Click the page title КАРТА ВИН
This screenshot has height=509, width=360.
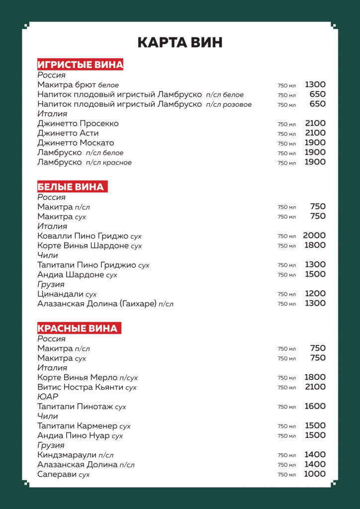coord(180,42)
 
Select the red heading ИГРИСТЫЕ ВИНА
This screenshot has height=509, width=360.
coord(80,65)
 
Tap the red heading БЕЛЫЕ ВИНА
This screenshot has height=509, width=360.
coord(71,187)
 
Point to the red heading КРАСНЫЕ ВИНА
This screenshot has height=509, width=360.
coord(78,328)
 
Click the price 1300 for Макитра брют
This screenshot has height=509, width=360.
coord(315,85)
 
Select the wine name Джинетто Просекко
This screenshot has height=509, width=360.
coord(78,123)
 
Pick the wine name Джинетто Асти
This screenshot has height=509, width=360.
coord(68,133)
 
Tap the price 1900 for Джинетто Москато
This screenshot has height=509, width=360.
coord(315,143)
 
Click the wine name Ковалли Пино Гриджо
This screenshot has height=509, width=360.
coord(83,236)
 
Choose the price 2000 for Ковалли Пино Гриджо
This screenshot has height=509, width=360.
coord(314,236)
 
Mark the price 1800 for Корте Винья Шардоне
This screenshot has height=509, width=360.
coord(315,245)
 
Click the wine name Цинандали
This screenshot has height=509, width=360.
coord(61,294)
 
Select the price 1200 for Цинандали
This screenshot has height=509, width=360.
coord(315,294)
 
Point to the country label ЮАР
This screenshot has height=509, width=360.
coord(48,397)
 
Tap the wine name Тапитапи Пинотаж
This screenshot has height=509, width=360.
coord(75,407)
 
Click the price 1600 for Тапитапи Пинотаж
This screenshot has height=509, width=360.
coord(315,406)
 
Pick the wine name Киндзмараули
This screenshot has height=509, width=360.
coord(67,455)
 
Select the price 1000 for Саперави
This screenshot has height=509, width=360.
coord(315,474)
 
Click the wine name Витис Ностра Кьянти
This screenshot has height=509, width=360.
coord(81,387)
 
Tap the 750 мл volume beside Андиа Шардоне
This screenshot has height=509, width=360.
coord(286,275)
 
